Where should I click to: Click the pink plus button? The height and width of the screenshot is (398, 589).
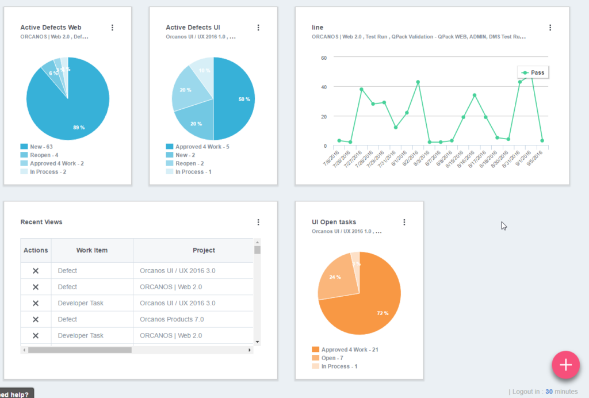click(x=565, y=365)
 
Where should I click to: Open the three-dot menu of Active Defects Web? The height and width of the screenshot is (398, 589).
click(x=112, y=28)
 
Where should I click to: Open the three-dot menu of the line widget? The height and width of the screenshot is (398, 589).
click(x=550, y=28)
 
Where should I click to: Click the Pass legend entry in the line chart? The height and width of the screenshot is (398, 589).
click(x=533, y=72)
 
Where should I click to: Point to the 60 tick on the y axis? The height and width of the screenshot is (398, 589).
click(x=324, y=58)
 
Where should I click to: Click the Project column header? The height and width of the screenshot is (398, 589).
click(x=204, y=250)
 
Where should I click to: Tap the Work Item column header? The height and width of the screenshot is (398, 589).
click(x=92, y=250)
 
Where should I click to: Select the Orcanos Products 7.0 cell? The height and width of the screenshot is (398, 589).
click(x=171, y=319)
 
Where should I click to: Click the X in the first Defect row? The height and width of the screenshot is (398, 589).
click(x=36, y=271)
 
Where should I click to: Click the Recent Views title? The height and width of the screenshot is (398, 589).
click(x=41, y=222)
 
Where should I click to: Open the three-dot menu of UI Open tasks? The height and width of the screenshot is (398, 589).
click(x=404, y=222)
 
